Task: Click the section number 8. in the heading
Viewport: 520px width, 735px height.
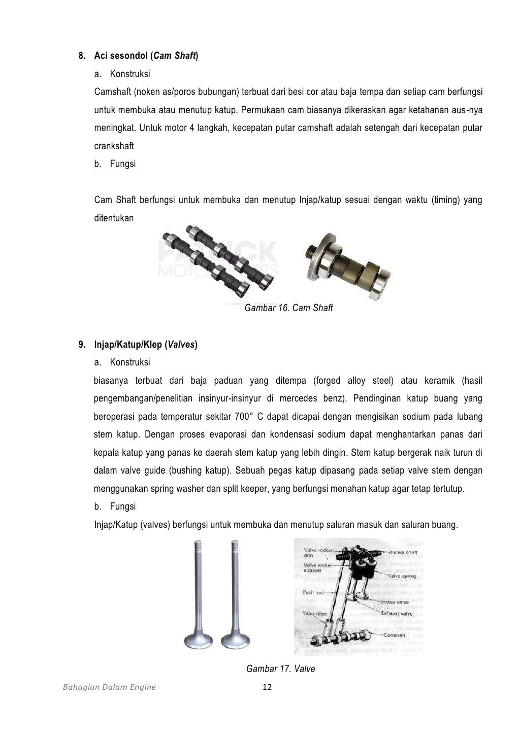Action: pyautogui.click(x=82, y=56)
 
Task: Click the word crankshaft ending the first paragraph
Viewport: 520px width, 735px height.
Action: pyautogui.click(x=114, y=146)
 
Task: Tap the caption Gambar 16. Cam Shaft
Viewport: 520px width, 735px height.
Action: pyautogui.click(x=288, y=308)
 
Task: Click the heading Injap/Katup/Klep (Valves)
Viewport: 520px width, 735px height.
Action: pyautogui.click(x=146, y=345)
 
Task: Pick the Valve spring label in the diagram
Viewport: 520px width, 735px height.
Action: pyautogui.click(x=402, y=576)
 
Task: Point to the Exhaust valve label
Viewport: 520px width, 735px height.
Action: pyautogui.click(x=397, y=613)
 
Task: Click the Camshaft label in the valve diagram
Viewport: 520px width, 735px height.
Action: pyautogui.click(x=394, y=635)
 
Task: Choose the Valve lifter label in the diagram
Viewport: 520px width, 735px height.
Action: pyautogui.click(x=315, y=613)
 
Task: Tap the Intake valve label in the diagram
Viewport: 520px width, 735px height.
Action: pyautogui.click(x=396, y=602)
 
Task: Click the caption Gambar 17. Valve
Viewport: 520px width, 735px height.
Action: pyautogui.click(x=280, y=669)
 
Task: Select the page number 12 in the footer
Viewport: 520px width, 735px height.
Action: pyautogui.click(x=267, y=687)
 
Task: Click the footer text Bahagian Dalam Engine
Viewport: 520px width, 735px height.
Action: pyautogui.click(x=109, y=687)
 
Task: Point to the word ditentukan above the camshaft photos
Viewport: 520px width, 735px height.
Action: pyautogui.click(x=114, y=218)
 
